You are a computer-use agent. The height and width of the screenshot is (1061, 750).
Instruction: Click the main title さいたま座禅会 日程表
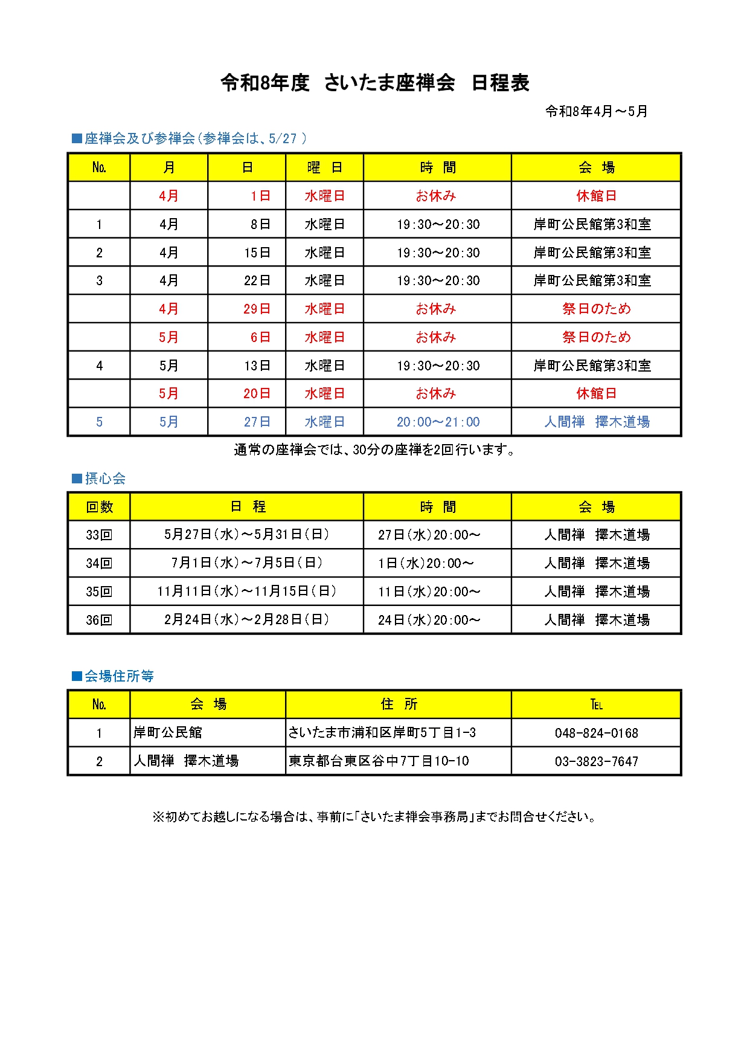click(375, 83)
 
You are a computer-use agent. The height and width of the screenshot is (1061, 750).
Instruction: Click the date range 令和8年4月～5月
click(596, 112)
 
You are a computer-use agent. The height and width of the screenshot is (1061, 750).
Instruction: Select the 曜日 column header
click(324, 167)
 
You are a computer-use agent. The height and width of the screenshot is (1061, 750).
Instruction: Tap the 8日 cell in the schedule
click(260, 224)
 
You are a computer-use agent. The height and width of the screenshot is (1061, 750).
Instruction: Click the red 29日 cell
click(257, 309)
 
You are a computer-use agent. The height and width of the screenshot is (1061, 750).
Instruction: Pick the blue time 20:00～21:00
click(438, 422)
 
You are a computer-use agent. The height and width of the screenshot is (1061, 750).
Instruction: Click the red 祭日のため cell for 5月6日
click(596, 337)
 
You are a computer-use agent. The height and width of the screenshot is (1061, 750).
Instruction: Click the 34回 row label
click(99, 563)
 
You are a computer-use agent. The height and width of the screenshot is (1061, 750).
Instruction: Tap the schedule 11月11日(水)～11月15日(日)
click(246, 591)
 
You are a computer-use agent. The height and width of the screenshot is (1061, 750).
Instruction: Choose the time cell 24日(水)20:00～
click(429, 620)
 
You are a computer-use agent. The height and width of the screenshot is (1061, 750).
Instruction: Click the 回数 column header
click(99, 507)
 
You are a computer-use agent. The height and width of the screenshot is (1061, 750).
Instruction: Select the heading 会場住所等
click(118, 676)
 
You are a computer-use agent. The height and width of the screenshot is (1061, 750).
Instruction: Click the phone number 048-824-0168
click(596, 733)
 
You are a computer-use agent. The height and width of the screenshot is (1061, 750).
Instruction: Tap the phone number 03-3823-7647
click(596, 761)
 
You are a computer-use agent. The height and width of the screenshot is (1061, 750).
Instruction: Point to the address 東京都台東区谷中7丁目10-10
click(379, 761)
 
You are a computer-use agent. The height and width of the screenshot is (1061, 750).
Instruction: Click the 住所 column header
click(399, 704)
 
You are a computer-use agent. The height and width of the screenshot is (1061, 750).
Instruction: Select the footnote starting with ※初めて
click(374, 817)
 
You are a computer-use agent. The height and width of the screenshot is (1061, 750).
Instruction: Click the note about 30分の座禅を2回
click(374, 450)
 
